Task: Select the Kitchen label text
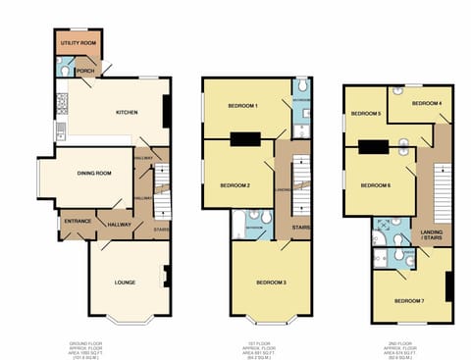(127, 111)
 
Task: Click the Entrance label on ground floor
(77, 221)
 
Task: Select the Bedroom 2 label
(235, 185)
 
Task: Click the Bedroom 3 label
(271, 282)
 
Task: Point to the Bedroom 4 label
(426, 103)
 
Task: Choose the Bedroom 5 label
(366, 114)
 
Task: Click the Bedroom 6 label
(375, 185)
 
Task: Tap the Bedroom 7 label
(409, 300)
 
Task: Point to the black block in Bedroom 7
(448, 285)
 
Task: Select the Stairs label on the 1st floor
(300, 228)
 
